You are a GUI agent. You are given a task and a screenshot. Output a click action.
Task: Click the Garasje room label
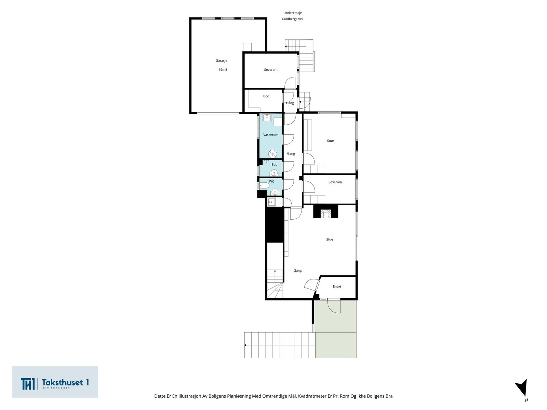point(221,60)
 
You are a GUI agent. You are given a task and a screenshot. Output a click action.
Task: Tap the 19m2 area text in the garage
point(223,70)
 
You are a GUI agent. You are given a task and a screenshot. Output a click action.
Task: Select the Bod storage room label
point(266,96)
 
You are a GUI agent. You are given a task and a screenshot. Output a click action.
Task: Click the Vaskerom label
point(271,135)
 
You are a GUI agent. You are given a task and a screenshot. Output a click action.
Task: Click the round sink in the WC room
point(275,192)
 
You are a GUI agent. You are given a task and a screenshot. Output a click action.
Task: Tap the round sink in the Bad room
point(274,173)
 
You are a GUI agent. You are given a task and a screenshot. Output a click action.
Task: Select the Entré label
point(337,287)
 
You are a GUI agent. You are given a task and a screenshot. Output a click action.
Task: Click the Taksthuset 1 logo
point(55,382)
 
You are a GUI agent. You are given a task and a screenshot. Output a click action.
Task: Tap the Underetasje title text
point(292,13)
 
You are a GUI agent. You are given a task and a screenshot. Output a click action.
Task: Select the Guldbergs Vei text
point(292,19)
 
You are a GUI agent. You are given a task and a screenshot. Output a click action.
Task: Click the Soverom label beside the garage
point(271,70)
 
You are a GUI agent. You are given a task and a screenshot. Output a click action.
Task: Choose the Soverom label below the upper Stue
point(335,182)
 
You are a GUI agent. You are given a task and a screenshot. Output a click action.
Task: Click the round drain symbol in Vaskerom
point(272,154)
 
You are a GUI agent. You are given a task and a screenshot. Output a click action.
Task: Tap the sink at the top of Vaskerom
point(267,118)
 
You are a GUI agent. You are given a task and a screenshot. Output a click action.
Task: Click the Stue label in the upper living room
point(330,141)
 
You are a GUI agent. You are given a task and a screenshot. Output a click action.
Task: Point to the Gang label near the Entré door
point(297,271)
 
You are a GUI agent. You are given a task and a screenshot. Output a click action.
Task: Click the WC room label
point(271,181)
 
